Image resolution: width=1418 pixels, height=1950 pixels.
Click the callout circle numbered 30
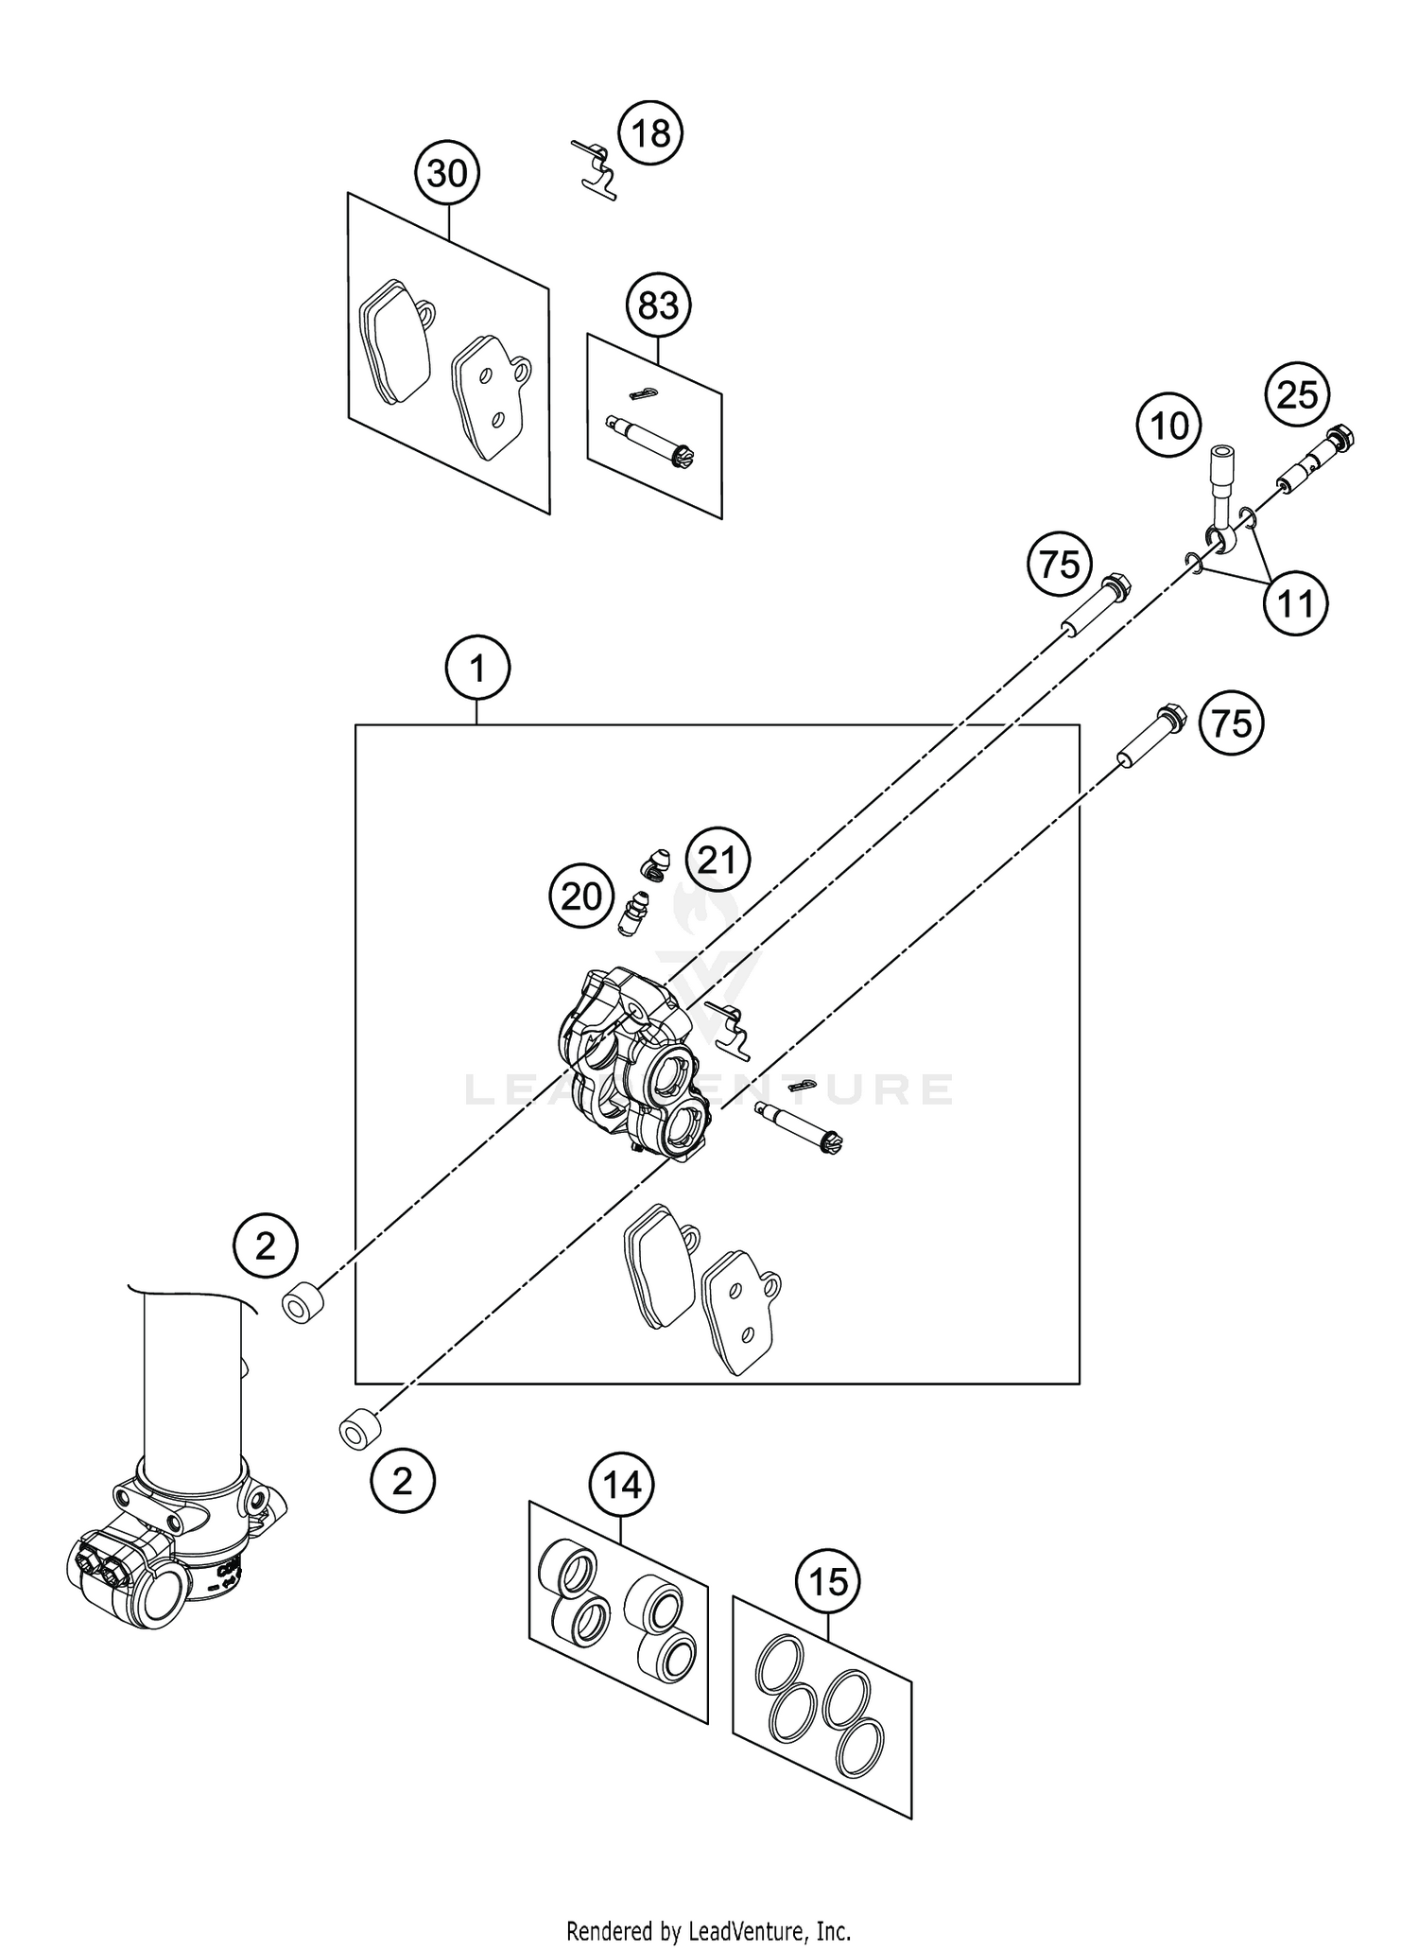[x=447, y=174]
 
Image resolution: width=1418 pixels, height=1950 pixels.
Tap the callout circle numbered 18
[x=650, y=133]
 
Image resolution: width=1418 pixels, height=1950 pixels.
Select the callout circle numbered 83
[x=658, y=305]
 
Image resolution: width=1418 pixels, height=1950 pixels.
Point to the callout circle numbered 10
[x=1169, y=426]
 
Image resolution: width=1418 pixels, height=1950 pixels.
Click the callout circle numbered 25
[x=1297, y=394]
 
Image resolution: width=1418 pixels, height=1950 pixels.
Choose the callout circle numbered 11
[x=1295, y=602]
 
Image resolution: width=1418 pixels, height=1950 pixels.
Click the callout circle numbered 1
[x=477, y=670]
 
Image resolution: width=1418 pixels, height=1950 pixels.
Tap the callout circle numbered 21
[x=717, y=860]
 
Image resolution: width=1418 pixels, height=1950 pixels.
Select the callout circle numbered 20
[x=581, y=896]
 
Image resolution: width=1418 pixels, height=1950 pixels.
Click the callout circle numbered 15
[x=828, y=1582]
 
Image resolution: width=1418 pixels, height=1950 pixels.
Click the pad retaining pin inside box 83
[x=653, y=440]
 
